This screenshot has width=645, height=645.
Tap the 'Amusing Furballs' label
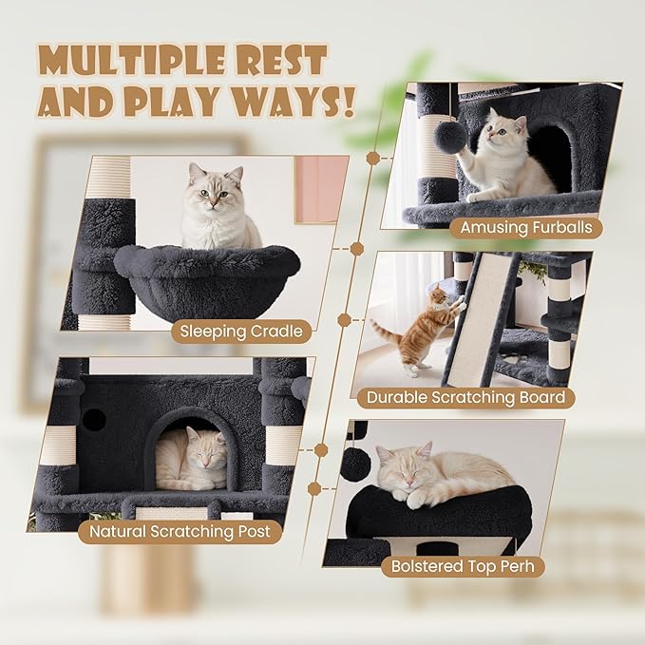tap(525, 227)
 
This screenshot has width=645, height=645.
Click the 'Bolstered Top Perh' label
tap(463, 567)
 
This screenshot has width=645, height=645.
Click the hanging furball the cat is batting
tap(450, 138)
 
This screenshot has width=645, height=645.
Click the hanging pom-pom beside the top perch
tap(355, 465)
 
